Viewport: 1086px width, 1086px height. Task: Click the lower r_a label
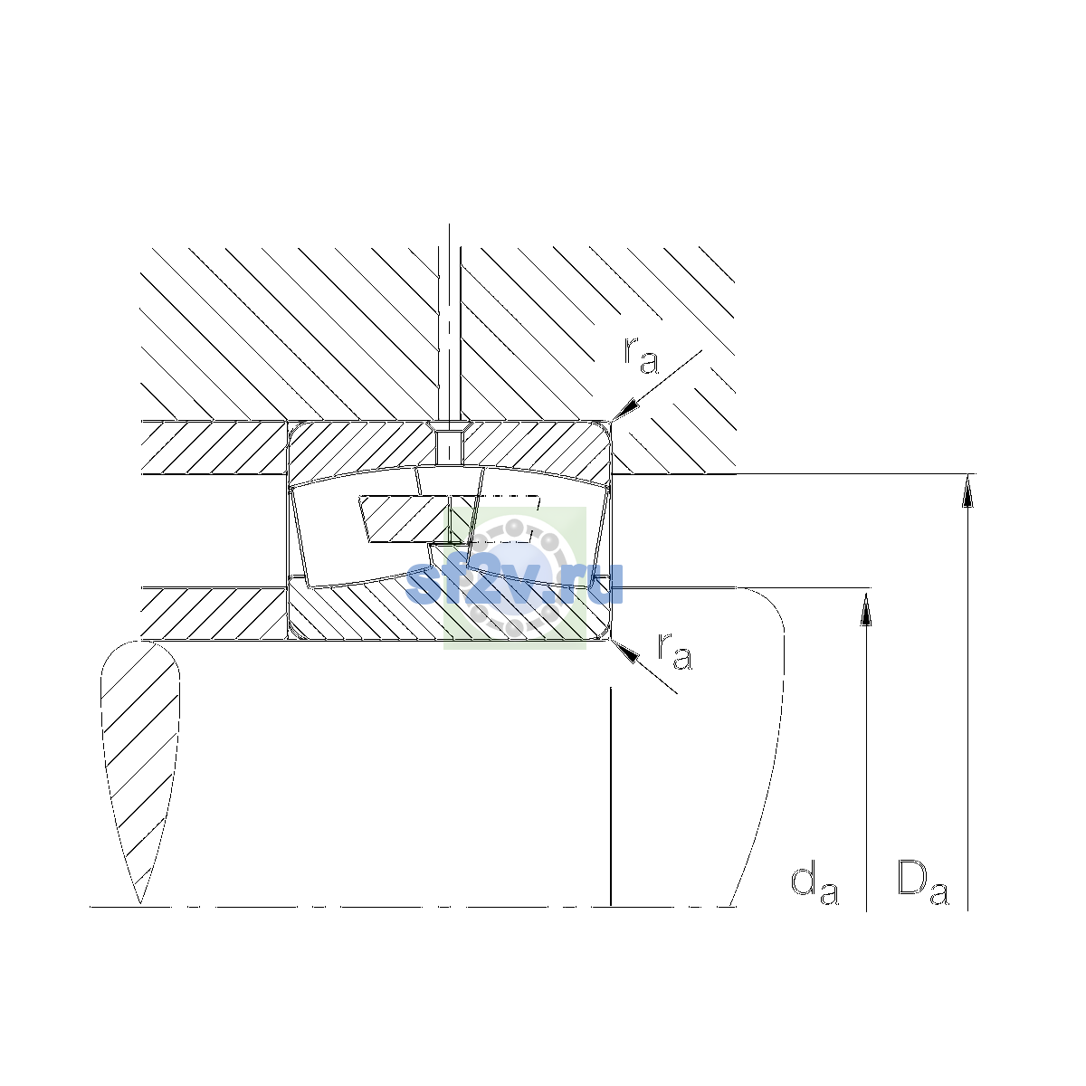(674, 651)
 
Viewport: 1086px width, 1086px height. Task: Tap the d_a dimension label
(814, 885)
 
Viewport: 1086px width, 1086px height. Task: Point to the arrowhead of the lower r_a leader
(625, 652)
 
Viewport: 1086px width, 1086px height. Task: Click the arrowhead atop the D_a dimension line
(967, 491)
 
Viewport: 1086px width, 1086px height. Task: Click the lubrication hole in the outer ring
(449, 447)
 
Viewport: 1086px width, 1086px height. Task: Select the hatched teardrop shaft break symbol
(140, 771)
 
